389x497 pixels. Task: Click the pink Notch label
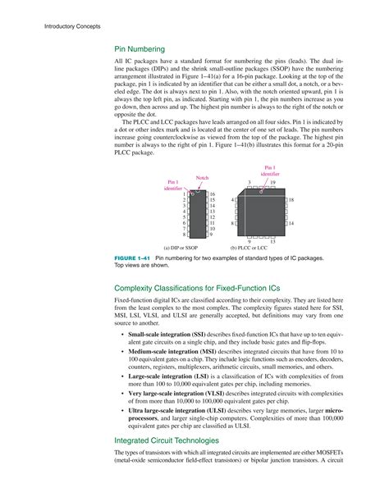coord(202,178)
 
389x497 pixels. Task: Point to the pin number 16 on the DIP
coord(212,194)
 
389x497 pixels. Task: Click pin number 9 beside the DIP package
coord(211,235)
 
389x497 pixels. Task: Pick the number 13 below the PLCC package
coord(272,241)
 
